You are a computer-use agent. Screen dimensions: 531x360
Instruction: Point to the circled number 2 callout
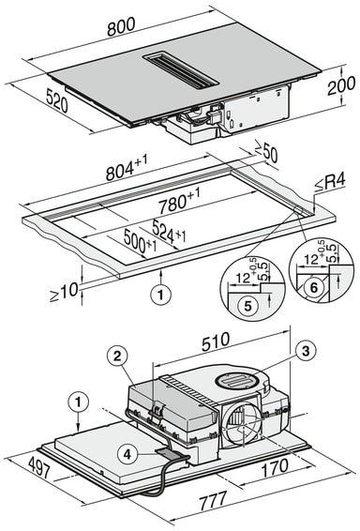tap(116, 355)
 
